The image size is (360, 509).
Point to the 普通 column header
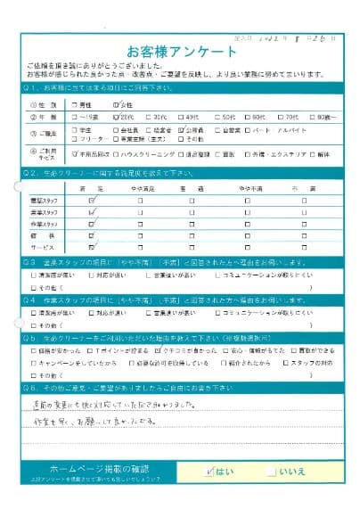(x=191, y=190)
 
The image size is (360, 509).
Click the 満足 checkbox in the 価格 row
(x=92, y=235)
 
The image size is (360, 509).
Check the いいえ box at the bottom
(x=273, y=469)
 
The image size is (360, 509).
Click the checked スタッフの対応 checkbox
(x=284, y=364)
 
